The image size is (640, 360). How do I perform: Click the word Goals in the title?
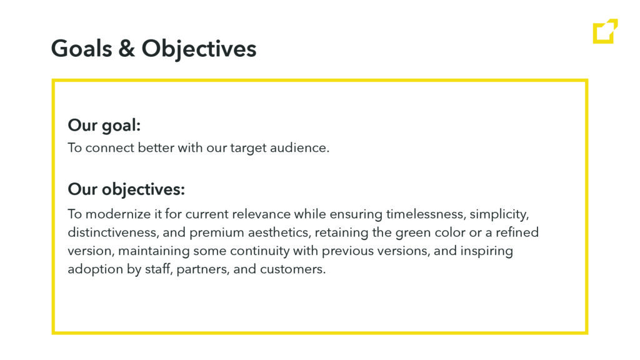(x=82, y=49)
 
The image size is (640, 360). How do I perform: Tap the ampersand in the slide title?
(x=126, y=49)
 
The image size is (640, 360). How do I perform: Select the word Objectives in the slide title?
(x=199, y=49)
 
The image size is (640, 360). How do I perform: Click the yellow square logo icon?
(x=605, y=31)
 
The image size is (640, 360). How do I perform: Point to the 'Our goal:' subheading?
(x=104, y=125)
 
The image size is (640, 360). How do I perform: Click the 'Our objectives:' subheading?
(x=126, y=189)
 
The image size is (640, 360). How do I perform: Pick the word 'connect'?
(x=110, y=147)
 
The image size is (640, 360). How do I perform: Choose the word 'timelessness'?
(x=424, y=214)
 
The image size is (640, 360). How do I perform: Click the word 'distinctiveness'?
(x=112, y=232)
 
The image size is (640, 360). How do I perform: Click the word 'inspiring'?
(x=486, y=251)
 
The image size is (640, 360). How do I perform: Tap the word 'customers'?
(x=292, y=269)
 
